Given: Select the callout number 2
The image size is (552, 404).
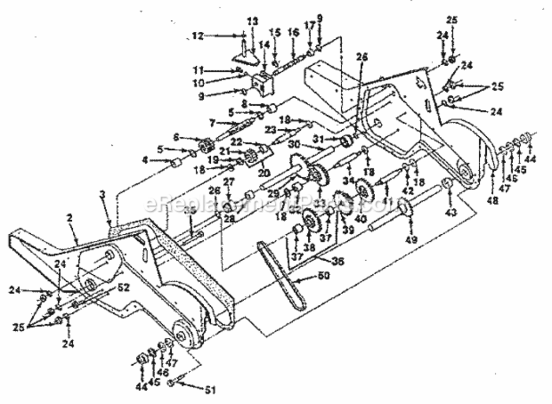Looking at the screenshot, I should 70,219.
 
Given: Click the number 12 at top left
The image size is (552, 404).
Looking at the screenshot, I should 198,36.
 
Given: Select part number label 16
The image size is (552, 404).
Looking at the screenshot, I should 293,33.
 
